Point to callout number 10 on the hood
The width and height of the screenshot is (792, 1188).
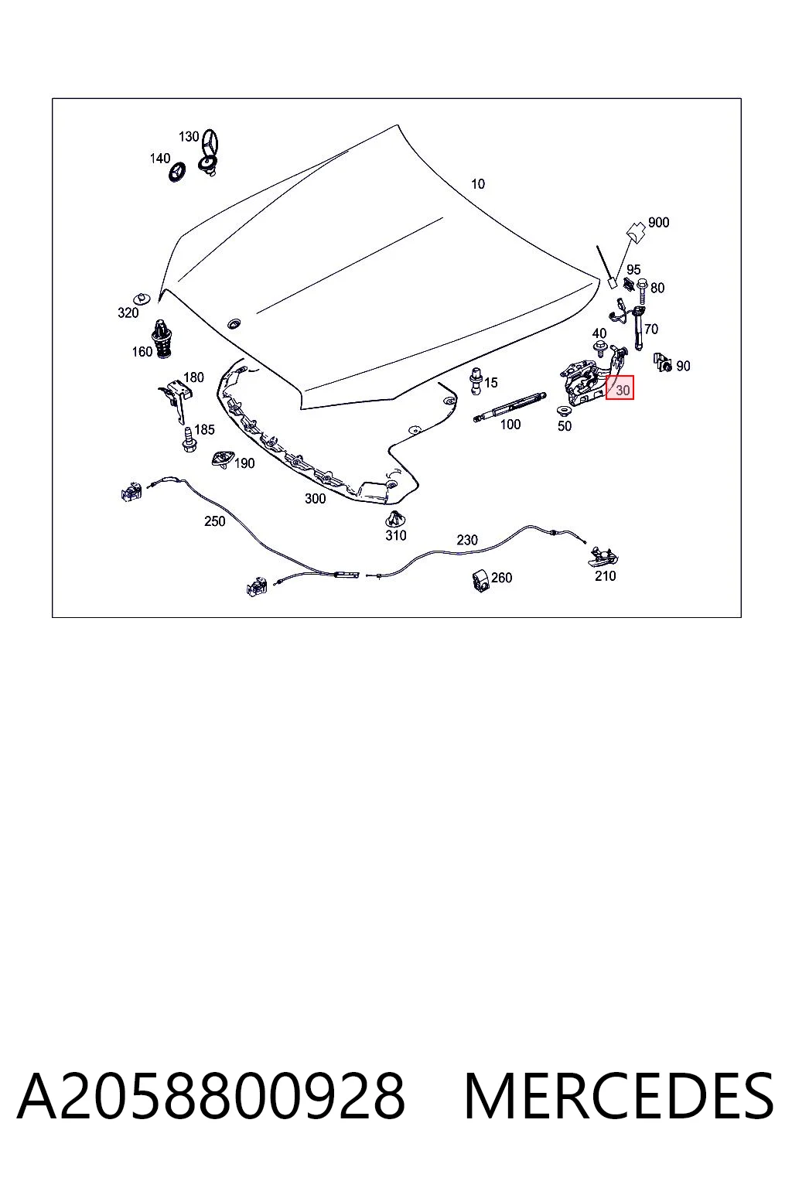[477, 184]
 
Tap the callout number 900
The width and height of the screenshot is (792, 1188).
[658, 222]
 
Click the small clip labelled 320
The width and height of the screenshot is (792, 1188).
[141, 298]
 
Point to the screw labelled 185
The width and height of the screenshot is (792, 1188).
[189, 439]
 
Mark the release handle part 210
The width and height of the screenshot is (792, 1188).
[603, 555]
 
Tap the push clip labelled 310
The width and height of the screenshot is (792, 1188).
[394, 519]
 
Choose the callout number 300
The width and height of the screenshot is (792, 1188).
[315, 499]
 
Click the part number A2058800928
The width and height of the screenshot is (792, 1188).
[211, 1096]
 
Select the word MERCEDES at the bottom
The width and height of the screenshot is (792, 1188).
[619, 1096]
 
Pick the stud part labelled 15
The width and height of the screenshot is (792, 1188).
[476, 381]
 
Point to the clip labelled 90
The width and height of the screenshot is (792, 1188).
[663, 362]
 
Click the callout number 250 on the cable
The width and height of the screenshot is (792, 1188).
[214, 521]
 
